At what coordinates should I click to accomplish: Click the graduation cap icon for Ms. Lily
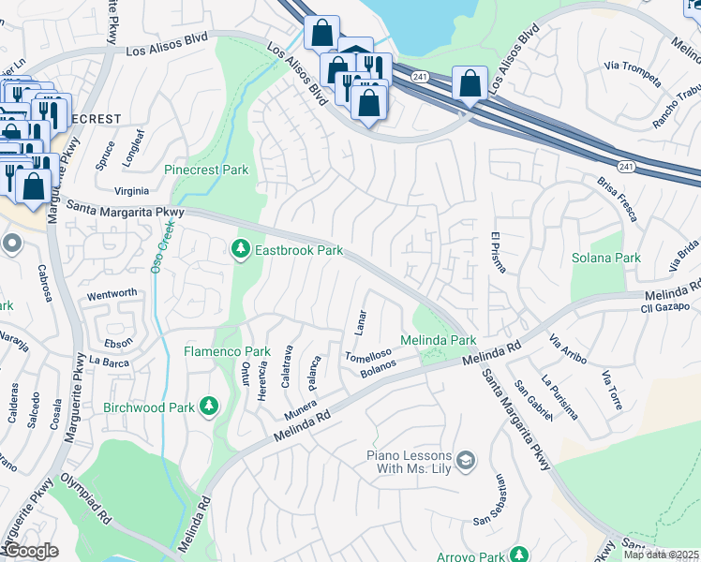466,459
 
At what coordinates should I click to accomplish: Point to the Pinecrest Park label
206,170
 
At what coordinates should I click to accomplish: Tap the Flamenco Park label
226,352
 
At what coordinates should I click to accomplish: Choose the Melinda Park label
439,340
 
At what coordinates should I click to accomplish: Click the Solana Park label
606,258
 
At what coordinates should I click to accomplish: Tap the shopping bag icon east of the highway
469,83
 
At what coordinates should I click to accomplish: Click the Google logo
31,551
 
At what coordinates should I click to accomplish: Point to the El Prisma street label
499,252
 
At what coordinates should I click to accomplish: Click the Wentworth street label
111,293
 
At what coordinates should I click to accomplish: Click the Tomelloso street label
366,357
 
